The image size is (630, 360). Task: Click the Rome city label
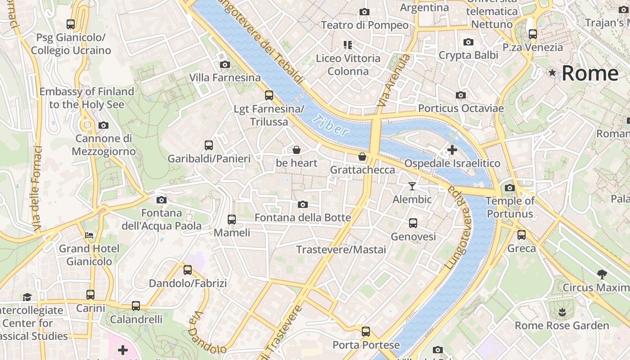coord(590,73)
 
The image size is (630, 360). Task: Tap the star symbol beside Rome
coord(552,73)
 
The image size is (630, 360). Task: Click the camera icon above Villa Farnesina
coord(225,65)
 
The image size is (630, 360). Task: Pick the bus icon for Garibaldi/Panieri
coord(209,145)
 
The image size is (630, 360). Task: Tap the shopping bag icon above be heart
coord(297,150)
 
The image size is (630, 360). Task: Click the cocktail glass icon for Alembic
coord(412,186)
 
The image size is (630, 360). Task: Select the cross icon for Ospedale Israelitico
coord(452,150)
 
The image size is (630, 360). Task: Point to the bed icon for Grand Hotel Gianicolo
coord(90,235)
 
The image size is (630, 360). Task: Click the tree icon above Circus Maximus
coord(602,274)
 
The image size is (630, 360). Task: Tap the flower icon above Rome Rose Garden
coord(562,312)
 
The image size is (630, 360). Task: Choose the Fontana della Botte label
coord(302,218)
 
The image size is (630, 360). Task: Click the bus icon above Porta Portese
coord(366,332)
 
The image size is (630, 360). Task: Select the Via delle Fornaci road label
coord(37,189)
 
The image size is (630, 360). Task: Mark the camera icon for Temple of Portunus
coord(510,188)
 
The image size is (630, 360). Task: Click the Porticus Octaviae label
coord(461,108)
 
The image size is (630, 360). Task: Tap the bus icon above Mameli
coord(232,220)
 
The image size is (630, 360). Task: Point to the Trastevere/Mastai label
coord(341,249)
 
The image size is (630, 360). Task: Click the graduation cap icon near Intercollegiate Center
coord(27,297)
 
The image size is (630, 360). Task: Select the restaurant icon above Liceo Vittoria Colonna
coord(347,45)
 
